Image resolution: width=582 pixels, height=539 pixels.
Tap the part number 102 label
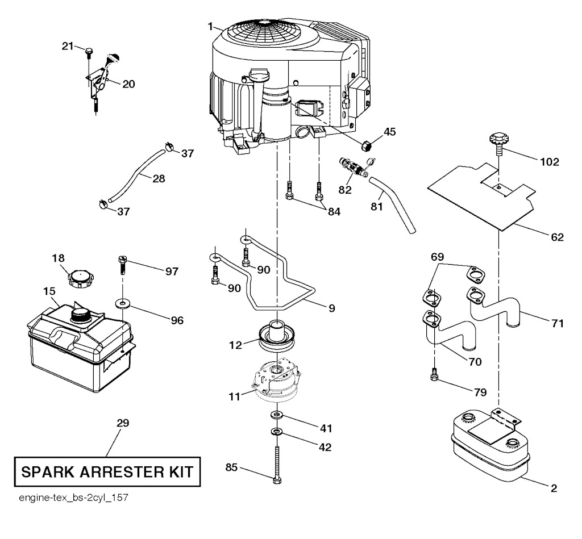click(x=550, y=162)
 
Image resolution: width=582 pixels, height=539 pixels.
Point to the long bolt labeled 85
click(x=277, y=465)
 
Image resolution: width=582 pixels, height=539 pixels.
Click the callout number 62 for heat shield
click(x=556, y=237)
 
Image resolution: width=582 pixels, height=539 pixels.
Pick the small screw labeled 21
click(x=89, y=52)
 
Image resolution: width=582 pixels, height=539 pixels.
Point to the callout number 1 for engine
click(x=210, y=27)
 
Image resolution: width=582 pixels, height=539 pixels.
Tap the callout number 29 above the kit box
click(x=123, y=423)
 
